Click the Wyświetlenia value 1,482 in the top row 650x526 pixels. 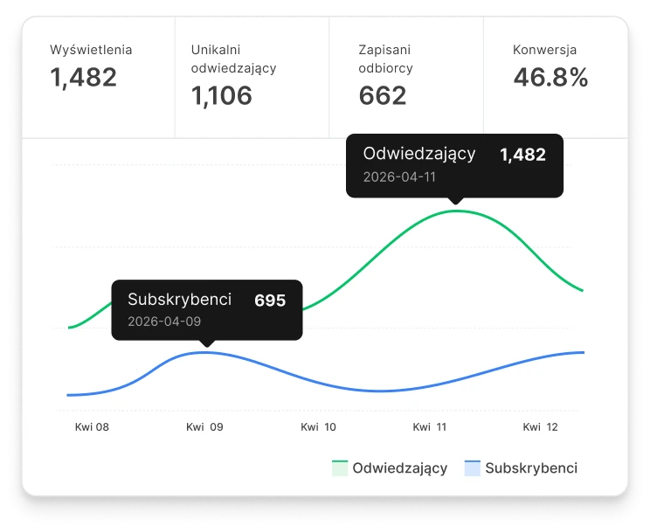[83, 78]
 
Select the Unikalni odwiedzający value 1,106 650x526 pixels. [222, 95]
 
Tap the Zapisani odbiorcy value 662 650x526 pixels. [383, 95]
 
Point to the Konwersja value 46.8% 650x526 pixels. [550, 78]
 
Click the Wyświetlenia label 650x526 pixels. [92, 50]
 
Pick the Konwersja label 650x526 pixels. [544, 50]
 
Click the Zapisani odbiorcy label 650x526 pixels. [386, 59]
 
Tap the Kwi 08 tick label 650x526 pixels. [92, 427]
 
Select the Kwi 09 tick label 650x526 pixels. [204, 427]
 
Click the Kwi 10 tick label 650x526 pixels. [318, 427]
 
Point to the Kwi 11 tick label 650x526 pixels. [430, 427]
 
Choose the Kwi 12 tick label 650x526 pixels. [540, 427]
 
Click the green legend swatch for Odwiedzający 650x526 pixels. [340, 467]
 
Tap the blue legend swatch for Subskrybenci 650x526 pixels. [473, 467]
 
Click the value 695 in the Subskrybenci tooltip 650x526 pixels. [270, 301]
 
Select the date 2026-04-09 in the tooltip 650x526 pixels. [164, 321]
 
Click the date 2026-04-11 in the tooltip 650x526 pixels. [399, 176]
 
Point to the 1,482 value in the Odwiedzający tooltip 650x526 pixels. [522, 156]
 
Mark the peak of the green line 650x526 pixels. [455, 211]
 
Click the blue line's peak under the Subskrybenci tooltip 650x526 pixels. [206, 352]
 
